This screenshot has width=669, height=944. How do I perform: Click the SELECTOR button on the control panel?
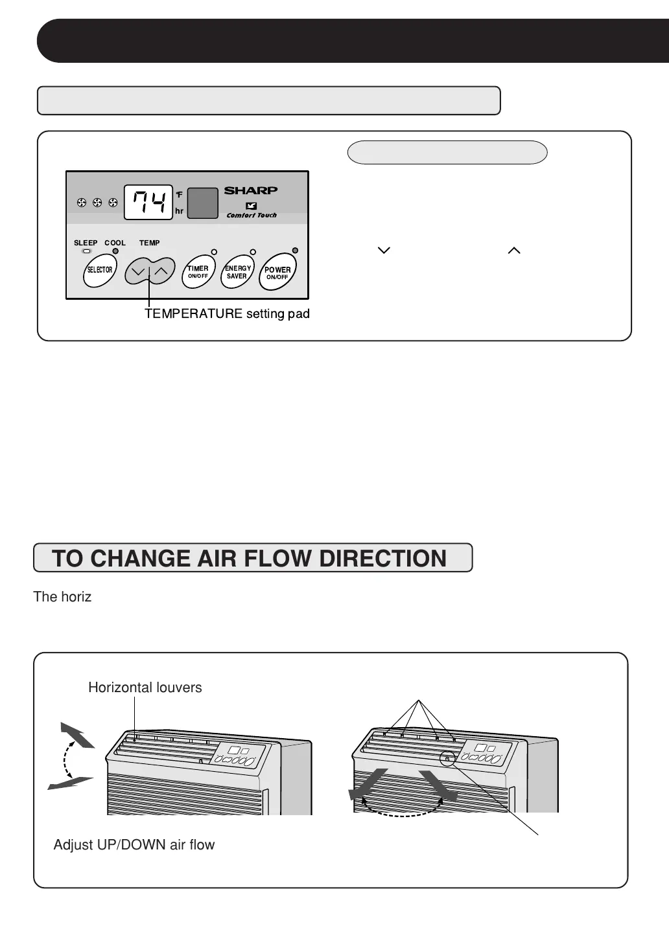point(100,270)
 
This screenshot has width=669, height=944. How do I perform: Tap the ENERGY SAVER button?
point(237,272)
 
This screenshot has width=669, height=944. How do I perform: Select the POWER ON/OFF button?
point(277,273)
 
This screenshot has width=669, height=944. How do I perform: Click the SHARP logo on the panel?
point(251,190)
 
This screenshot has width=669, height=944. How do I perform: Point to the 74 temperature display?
point(148,202)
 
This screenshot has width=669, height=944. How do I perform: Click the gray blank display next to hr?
point(202,203)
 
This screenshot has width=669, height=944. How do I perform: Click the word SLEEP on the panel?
point(86,243)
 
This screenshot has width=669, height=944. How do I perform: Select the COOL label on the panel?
point(115,243)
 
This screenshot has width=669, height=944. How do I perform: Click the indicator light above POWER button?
point(295,251)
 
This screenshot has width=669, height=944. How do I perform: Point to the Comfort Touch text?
point(252,216)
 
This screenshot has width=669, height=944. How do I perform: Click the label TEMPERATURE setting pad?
point(227,314)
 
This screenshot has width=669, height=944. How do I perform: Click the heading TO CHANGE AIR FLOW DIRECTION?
point(250,558)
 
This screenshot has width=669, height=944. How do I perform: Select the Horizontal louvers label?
point(145,688)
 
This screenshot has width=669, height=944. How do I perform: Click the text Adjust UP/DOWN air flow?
point(134,845)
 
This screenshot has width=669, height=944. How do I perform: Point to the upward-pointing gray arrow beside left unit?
point(76,735)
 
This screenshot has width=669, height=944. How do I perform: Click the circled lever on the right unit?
point(447,758)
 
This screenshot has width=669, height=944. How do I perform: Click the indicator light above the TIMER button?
point(214,252)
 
